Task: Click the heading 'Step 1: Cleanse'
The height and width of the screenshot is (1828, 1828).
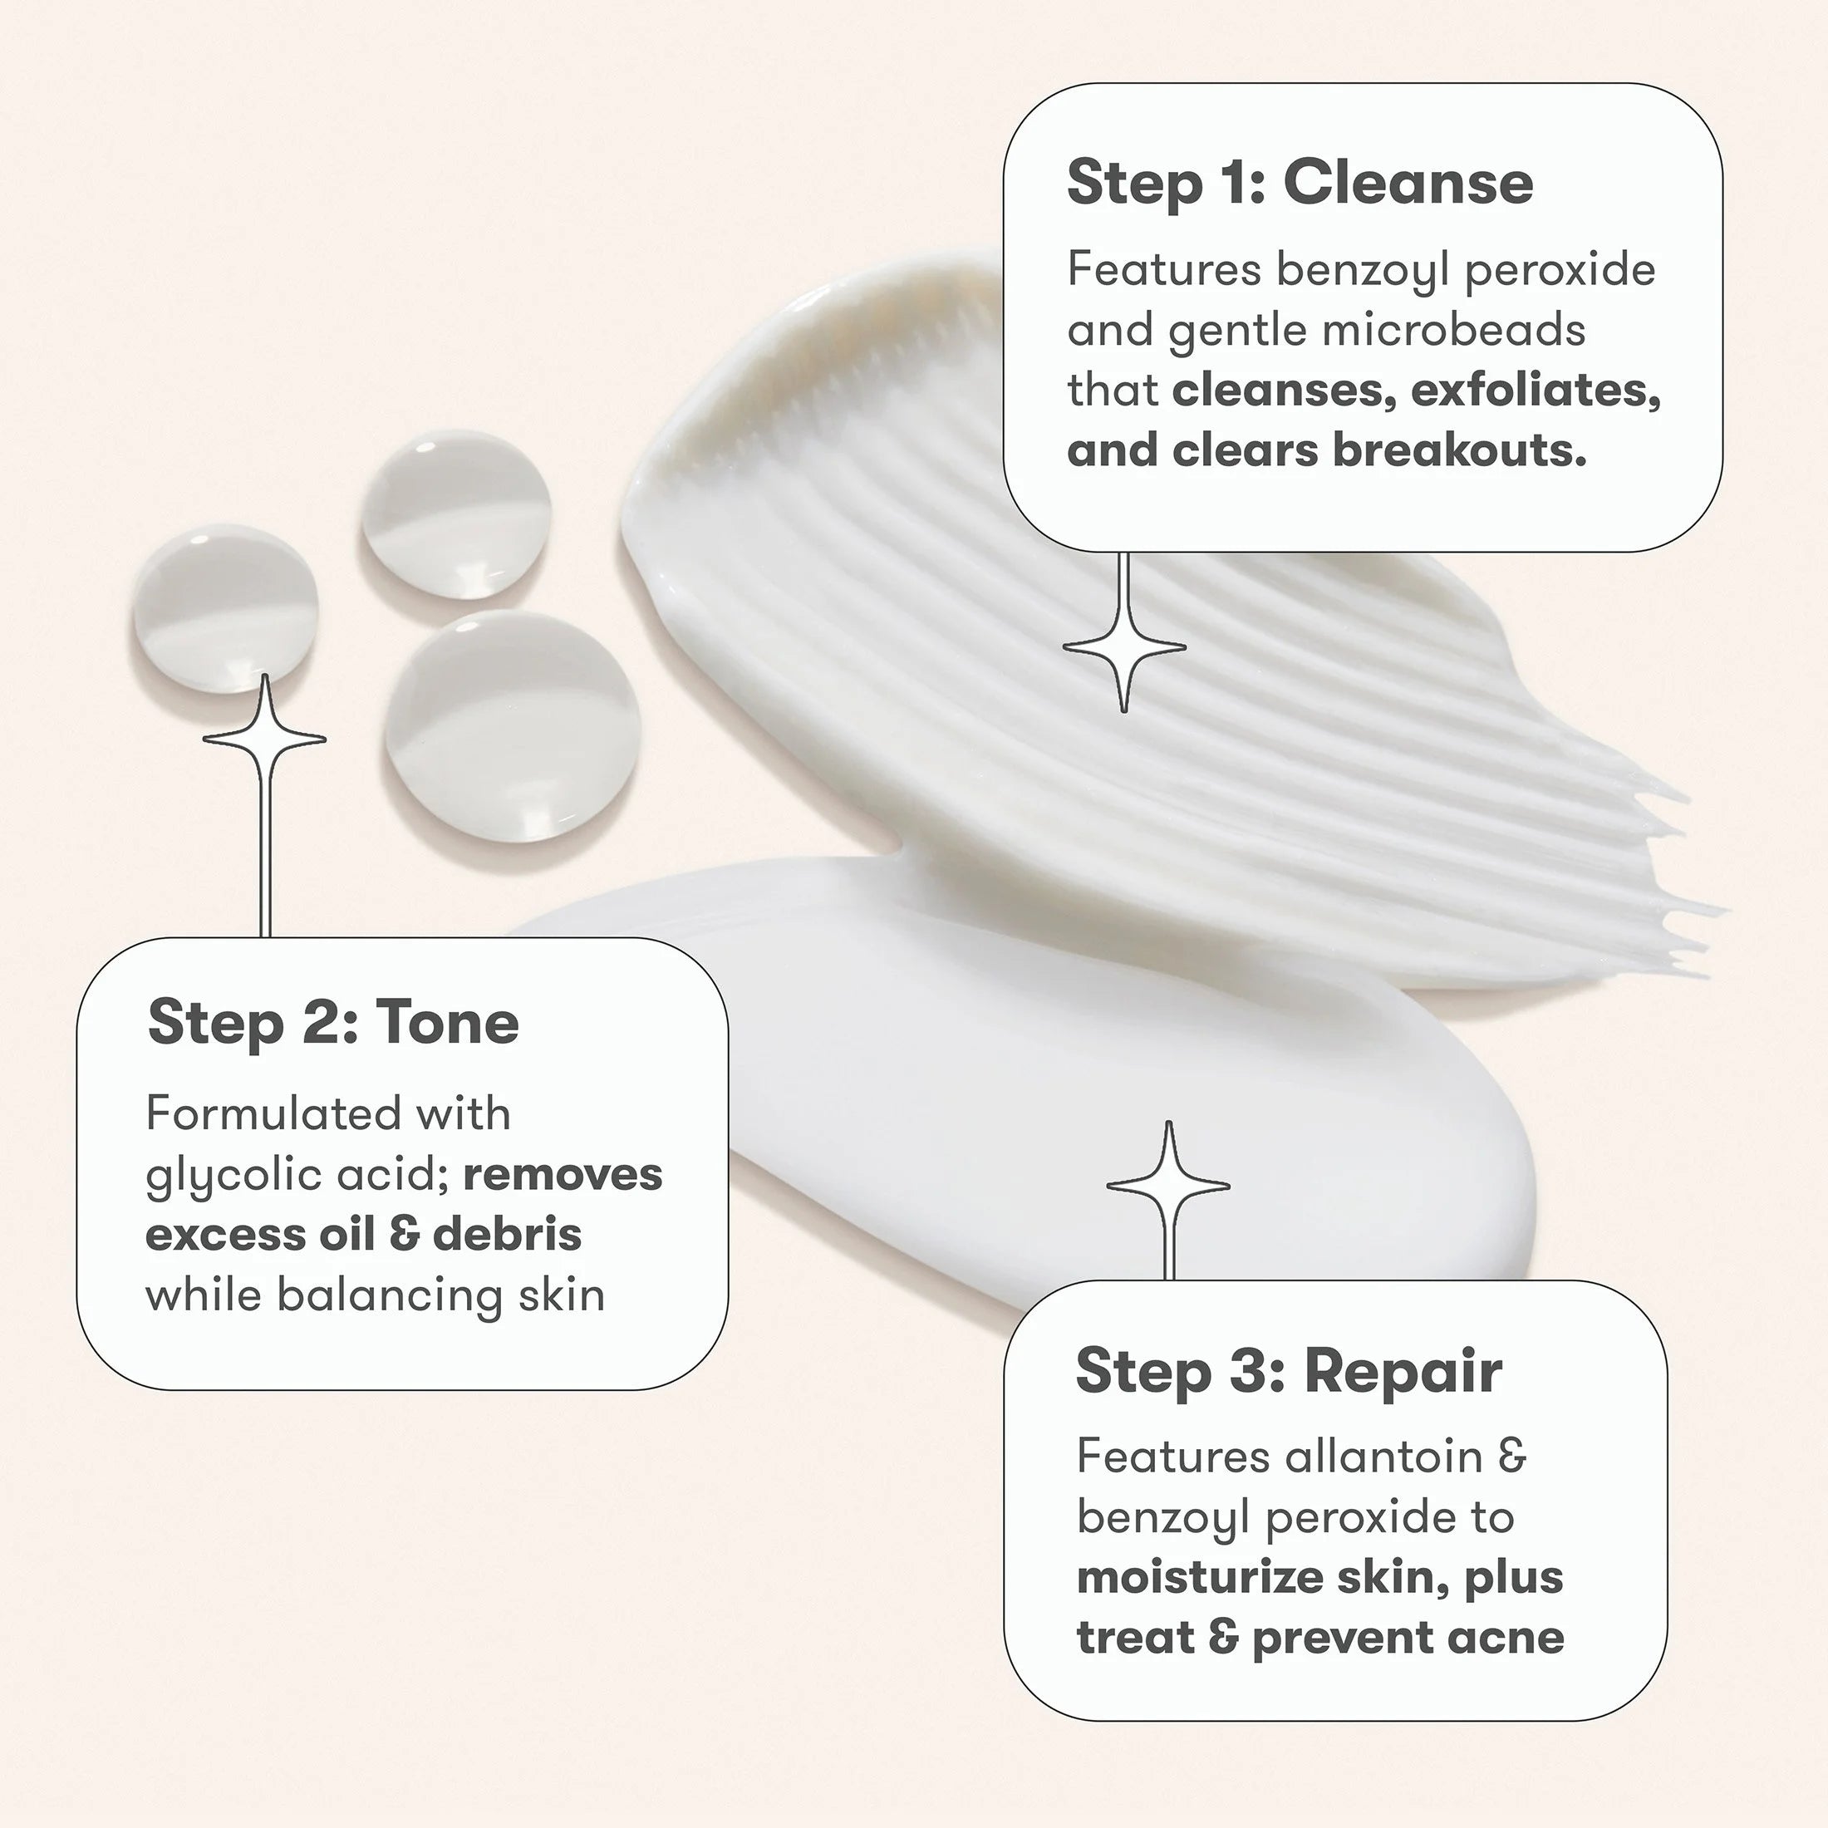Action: [x=1299, y=182]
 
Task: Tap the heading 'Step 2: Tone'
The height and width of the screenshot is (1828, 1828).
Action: [x=333, y=1023]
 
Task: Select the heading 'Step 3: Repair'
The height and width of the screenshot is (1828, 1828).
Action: [x=1289, y=1371]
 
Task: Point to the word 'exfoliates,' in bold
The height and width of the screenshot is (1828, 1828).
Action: [x=1536, y=390]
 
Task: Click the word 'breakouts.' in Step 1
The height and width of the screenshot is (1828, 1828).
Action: [x=1459, y=450]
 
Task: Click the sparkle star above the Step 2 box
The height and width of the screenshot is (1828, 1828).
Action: [x=265, y=737]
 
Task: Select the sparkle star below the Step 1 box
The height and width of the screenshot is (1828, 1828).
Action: [x=1124, y=648]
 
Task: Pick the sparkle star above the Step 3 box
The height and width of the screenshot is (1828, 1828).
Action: [x=1168, y=1185]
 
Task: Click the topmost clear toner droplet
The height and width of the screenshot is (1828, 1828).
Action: [x=456, y=516]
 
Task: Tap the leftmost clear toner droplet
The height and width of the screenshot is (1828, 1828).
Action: [x=224, y=607]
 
